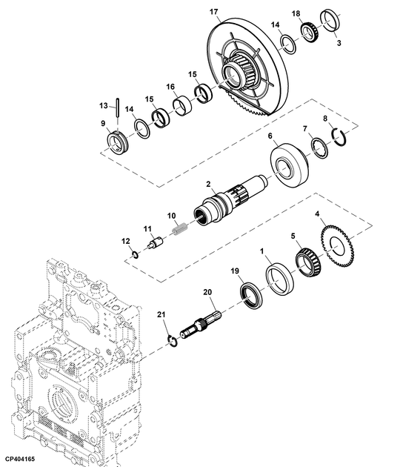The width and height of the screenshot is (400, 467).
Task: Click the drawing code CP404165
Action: (20, 458)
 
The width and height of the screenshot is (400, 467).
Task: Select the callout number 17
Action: (213, 12)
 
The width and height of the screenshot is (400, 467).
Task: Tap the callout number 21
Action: (161, 314)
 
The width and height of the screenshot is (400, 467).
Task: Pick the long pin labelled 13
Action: (118, 112)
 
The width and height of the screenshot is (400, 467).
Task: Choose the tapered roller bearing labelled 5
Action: (308, 262)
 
